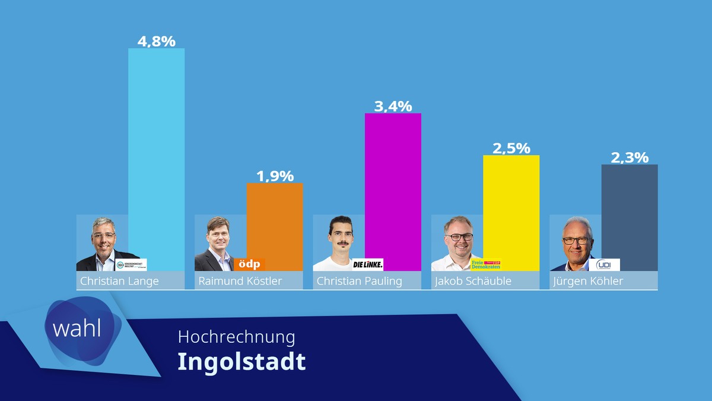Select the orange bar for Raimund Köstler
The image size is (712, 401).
(x=274, y=220)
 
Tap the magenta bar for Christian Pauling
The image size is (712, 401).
(x=392, y=190)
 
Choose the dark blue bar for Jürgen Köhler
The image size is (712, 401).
(x=629, y=217)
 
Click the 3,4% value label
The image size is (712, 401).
(x=392, y=106)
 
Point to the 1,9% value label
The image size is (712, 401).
(x=275, y=176)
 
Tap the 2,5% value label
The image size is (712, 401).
(x=511, y=148)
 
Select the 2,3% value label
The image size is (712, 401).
(x=630, y=157)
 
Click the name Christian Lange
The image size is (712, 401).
(x=119, y=281)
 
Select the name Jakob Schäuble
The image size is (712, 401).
(x=473, y=281)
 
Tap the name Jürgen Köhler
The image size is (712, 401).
(x=588, y=281)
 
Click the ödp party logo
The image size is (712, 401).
(x=249, y=264)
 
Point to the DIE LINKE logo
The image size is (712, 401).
(x=368, y=264)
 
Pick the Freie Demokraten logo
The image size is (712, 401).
(x=485, y=264)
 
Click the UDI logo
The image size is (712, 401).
(x=603, y=264)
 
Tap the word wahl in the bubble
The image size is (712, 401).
(x=77, y=329)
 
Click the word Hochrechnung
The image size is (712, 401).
(x=236, y=337)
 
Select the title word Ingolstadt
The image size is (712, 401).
(x=241, y=361)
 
